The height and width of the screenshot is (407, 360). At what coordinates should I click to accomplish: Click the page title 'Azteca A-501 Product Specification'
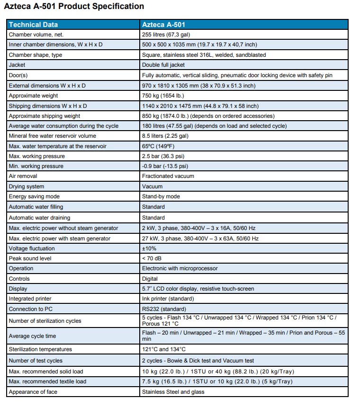coord(74,7)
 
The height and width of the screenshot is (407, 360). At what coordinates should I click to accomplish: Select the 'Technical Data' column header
coord(33,25)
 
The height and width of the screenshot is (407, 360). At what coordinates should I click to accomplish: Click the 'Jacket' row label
coord(17,65)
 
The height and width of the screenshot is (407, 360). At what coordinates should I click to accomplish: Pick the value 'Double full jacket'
coord(163,65)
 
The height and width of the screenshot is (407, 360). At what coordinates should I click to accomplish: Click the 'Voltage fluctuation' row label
coord(32,248)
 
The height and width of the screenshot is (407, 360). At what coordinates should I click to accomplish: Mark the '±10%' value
coord(149,248)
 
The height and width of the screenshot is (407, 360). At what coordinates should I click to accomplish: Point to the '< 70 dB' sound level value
coord(153,258)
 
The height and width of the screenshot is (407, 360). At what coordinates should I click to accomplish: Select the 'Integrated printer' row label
coord(30,299)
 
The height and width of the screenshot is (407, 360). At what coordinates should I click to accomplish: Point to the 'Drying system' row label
coord(27,186)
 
